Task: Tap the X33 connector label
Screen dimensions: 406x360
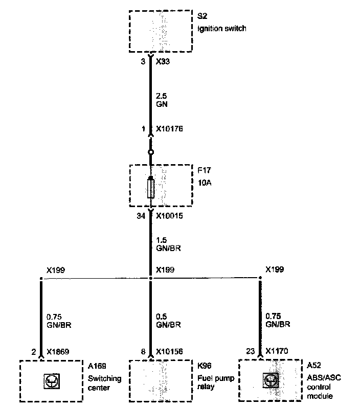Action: click(x=163, y=61)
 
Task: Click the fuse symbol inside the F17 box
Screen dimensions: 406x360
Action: click(x=150, y=187)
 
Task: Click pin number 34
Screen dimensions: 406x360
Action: click(x=141, y=216)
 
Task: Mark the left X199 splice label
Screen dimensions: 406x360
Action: click(x=55, y=269)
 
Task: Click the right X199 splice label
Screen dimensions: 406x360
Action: click(x=275, y=269)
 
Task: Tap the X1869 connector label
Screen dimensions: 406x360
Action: click(x=58, y=352)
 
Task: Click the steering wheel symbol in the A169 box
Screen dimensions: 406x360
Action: click(x=51, y=380)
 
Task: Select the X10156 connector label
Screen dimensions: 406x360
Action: click(x=169, y=352)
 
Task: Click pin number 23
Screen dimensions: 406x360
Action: click(x=250, y=352)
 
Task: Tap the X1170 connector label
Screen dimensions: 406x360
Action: click(x=276, y=352)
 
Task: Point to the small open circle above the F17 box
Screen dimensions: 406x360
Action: click(x=150, y=152)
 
